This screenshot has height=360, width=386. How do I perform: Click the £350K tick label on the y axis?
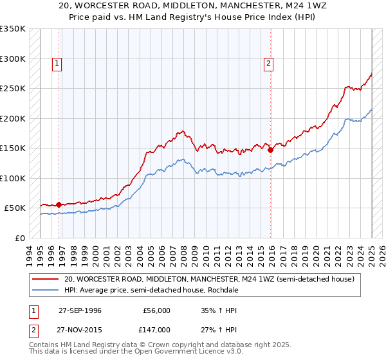pos(13,29)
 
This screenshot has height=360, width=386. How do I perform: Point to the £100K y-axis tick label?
pos(13,178)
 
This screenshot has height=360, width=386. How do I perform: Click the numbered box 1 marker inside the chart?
pos(58,63)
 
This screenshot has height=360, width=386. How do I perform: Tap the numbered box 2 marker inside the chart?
pos(268,63)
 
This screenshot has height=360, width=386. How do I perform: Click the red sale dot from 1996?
pos(59,204)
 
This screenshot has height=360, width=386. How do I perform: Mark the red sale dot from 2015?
pos(270,150)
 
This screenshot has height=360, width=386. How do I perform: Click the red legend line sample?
pos(46,279)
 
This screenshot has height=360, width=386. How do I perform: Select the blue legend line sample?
pos(46,290)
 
